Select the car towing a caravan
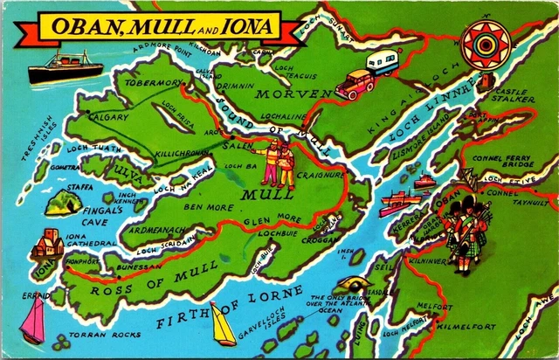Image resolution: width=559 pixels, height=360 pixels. click(x=368, y=74)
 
